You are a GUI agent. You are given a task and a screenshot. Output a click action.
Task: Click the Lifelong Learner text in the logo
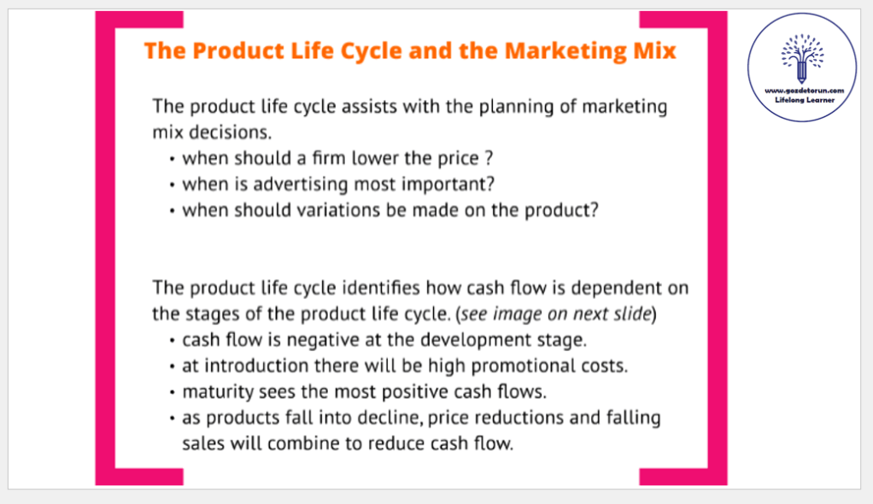pyautogui.click(x=805, y=100)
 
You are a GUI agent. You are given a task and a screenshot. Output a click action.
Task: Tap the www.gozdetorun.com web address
pyautogui.click(x=804, y=91)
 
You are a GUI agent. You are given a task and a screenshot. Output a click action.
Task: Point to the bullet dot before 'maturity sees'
pyautogui.click(x=172, y=393)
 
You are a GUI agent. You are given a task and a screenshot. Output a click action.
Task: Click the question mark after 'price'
pyautogui.click(x=489, y=158)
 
